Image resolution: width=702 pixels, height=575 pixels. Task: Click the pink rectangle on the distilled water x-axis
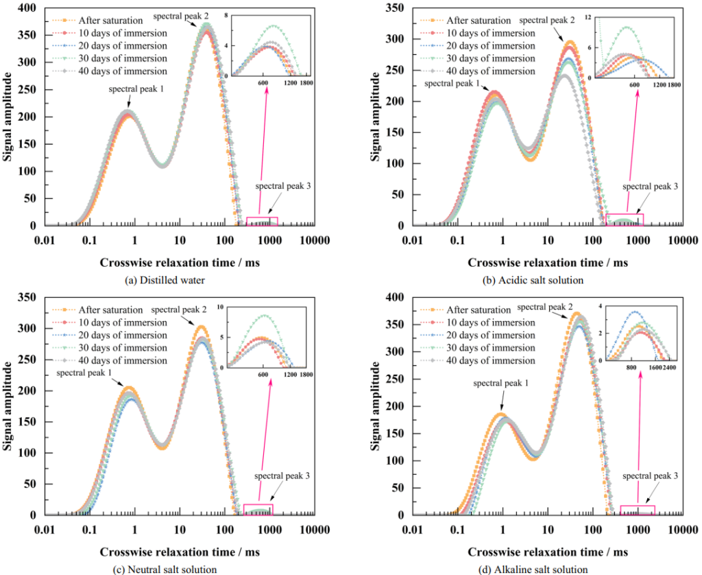point(262,221)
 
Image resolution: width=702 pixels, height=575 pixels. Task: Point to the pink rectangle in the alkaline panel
point(638,510)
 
